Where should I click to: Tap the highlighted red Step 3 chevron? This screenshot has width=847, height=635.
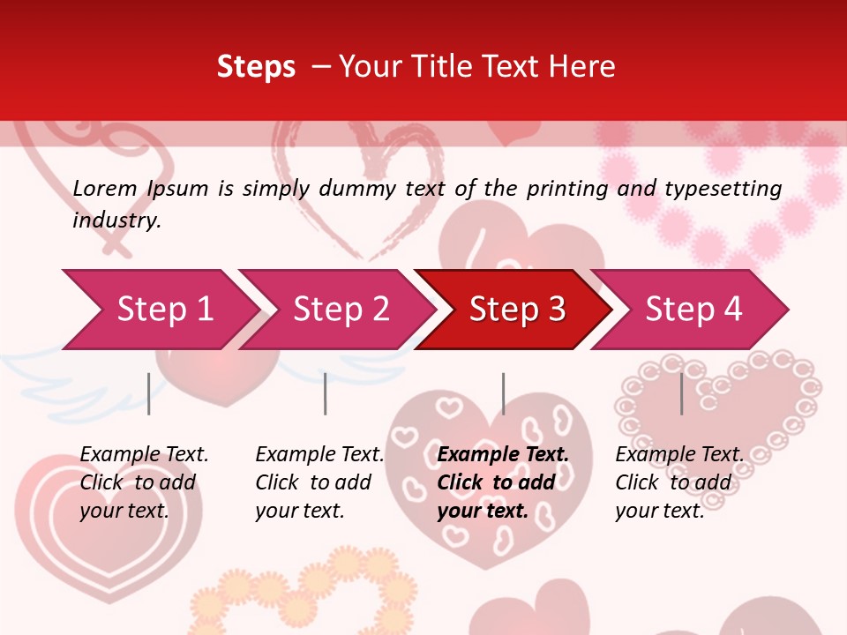click(517, 310)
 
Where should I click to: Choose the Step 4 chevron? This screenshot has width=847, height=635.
click(693, 310)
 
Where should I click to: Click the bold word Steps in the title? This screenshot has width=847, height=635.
click(256, 67)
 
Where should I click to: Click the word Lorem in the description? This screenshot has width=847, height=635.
click(105, 189)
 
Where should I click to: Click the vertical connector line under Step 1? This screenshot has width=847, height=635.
click(148, 393)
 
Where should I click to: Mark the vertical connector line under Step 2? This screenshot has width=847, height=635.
click(326, 393)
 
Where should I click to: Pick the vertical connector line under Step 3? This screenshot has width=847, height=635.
click(503, 393)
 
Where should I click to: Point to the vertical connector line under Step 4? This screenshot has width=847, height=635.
click(681, 393)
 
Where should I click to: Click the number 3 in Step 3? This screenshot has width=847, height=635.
click(557, 310)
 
